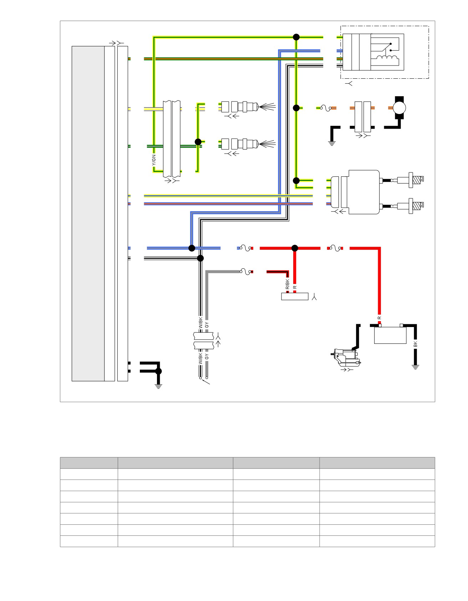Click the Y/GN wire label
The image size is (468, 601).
(154, 161)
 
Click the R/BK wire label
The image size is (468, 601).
(288, 284)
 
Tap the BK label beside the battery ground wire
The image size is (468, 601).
(415, 344)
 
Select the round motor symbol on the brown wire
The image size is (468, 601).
(399, 108)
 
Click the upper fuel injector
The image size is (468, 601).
(248, 106)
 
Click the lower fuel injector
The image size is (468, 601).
(248, 144)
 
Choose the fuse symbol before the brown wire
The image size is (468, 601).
(326, 108)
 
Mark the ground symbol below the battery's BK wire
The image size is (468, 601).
(415, 367)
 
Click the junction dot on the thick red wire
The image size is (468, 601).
(295, 248)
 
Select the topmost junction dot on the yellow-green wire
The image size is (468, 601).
(296, 37)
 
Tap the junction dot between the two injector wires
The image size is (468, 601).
(198, 142)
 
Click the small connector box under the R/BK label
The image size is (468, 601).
(295, 296)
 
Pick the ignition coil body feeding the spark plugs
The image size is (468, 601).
(361, 192)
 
